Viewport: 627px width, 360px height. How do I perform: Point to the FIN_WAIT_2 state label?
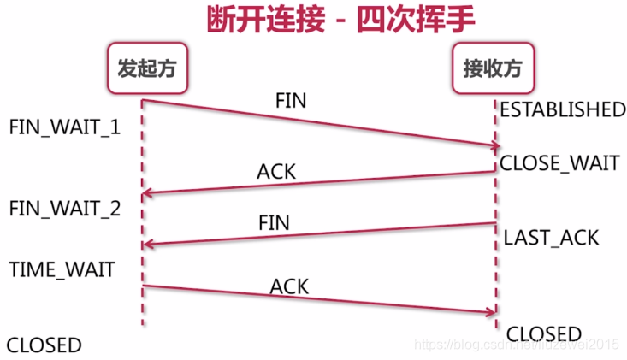coord(65,208)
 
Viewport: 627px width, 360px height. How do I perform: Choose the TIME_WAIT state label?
coord(62,269)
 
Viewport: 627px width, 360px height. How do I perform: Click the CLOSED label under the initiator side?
coord(44,345)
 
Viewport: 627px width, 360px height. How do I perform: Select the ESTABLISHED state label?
coord(563,109)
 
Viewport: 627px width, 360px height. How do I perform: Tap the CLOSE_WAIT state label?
coord(559,162)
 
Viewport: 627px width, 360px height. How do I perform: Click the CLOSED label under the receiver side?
coord(544,333)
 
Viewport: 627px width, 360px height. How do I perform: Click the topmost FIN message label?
coord(291,100)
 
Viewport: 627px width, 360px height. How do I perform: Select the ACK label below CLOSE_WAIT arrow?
coord(276,171)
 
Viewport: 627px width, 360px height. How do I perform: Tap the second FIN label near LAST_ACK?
coord(274,223)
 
